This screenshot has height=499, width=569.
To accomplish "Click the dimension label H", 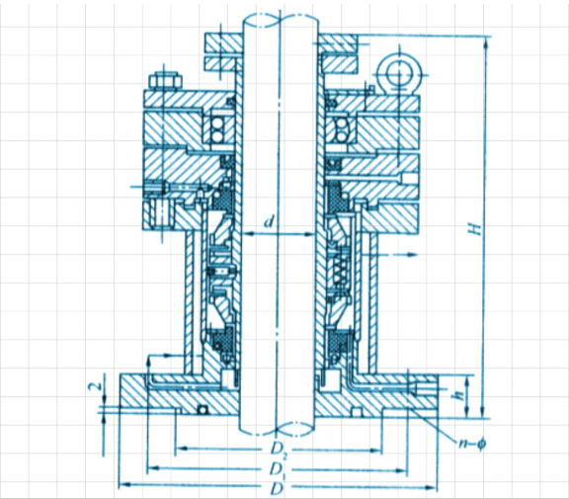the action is (x=475, y=228).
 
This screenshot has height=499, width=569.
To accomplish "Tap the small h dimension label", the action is (x=459, y=395).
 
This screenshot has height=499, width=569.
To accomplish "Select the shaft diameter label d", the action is (x=268, y=220).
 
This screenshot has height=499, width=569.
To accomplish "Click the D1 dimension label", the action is (x=278, y=470).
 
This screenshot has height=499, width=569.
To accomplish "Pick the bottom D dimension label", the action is (x=277, y=489).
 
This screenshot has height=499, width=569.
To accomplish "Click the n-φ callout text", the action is (x=472, y=444).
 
